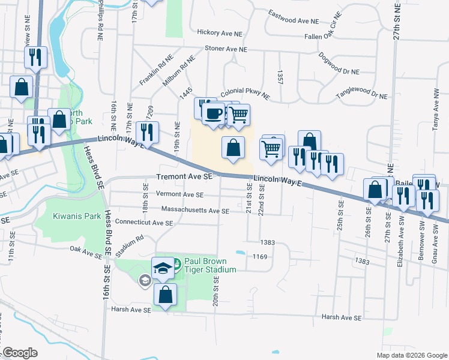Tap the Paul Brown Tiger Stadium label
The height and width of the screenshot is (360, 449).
pos(209,265)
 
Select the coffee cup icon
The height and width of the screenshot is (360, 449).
pos(213,113)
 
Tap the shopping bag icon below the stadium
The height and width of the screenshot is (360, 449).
pos(166,295)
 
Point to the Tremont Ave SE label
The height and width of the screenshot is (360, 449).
pos(184,177)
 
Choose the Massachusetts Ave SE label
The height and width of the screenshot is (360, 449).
pos(195,211)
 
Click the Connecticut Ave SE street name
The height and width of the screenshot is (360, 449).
pos(143,222)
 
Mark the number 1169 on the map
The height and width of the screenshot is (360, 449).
pos(259,257)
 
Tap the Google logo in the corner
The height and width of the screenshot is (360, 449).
pos(19,353)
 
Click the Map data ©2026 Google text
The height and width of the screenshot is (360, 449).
pos(412,355)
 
